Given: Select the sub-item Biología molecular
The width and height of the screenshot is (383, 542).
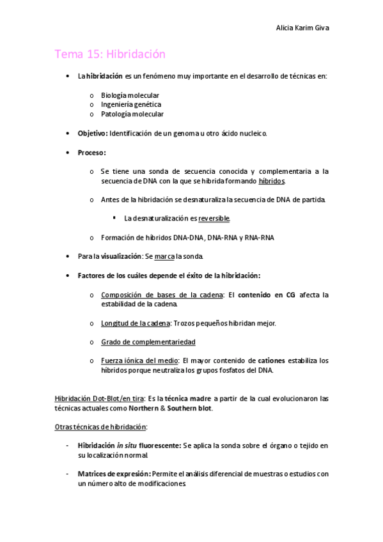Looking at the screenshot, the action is pos(130,95).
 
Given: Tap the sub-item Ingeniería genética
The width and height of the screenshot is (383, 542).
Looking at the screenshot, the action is pos(131,104).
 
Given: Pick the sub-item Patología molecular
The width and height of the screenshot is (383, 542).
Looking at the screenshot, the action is pos(132,114).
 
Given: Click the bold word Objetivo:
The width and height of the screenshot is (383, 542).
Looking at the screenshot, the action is pos(92,133).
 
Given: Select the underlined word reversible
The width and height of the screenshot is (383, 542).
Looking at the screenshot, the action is pos(214,219).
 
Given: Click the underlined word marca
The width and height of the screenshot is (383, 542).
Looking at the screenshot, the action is pos(164,256).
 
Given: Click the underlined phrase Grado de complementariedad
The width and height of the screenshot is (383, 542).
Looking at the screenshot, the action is pos(148,342).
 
